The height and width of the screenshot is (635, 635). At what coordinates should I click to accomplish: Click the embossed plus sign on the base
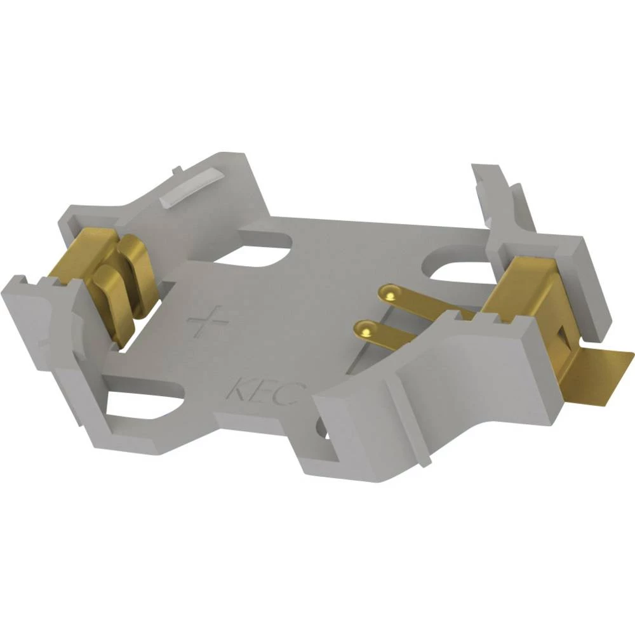point(208,322)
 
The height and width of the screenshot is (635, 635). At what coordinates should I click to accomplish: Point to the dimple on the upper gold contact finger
point(388,292)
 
